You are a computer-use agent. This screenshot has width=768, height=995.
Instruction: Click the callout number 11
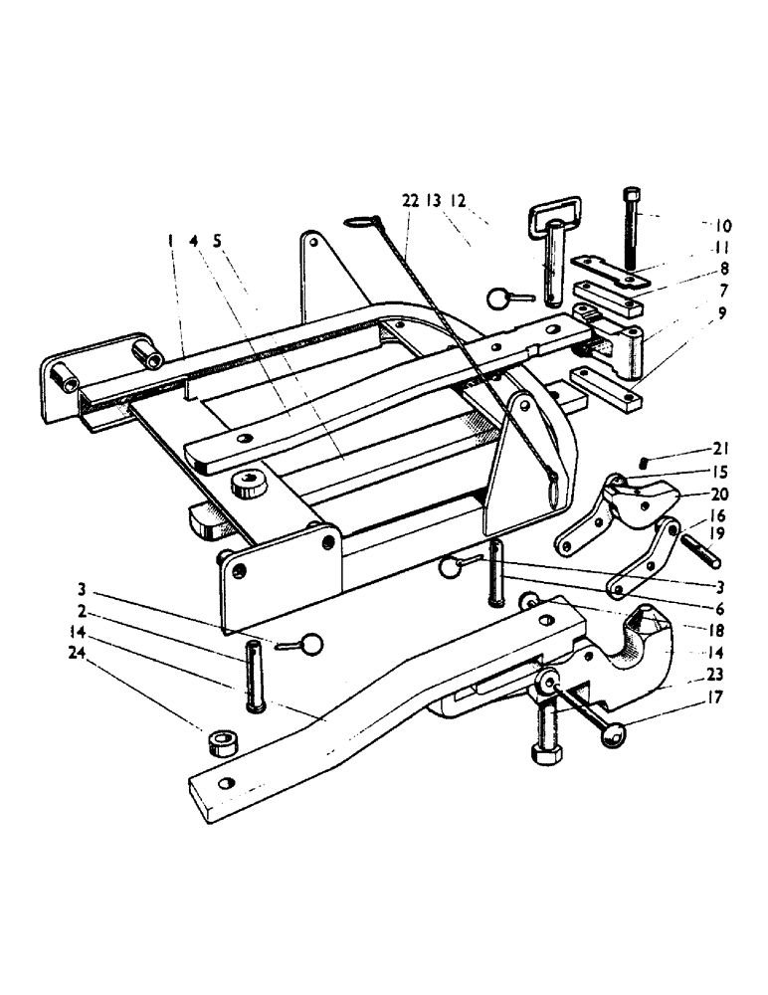pos(722,247)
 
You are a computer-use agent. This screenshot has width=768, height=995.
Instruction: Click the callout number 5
pos(217,240)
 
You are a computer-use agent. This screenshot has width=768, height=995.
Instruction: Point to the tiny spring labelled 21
pos(645,460)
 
